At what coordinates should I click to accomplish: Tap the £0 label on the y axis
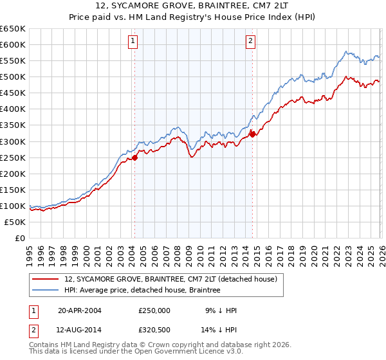pos(20,239)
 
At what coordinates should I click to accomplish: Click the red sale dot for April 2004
pos(134,157)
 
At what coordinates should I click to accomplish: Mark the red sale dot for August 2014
pos(252,134)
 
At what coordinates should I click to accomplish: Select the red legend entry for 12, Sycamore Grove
pos(170,279)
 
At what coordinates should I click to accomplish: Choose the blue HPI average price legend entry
pos(142,291)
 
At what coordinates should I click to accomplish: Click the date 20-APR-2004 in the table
pos(80,310)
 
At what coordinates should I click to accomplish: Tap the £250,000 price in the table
pos(154,310)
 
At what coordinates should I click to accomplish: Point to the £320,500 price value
pos(154,330)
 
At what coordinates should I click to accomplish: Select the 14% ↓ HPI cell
pos(220,330)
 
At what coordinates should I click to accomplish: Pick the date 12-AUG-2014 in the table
pos(80,330)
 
